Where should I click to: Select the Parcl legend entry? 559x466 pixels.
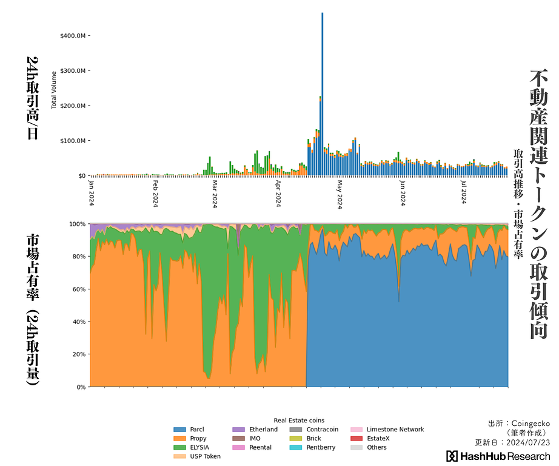tap(196, 430)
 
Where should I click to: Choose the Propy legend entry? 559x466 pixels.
tap(198, 439)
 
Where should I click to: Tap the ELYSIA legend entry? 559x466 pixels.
tap(199, 447)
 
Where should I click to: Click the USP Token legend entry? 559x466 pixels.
tap(205, 456)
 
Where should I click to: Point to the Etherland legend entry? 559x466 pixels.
tap(263, 430)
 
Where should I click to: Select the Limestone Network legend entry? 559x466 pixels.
tap(395, 430)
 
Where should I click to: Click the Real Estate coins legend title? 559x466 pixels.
tap(299, 420)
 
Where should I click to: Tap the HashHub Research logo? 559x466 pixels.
tap(498, 456)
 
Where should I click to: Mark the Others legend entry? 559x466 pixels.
tap(377, 447)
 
